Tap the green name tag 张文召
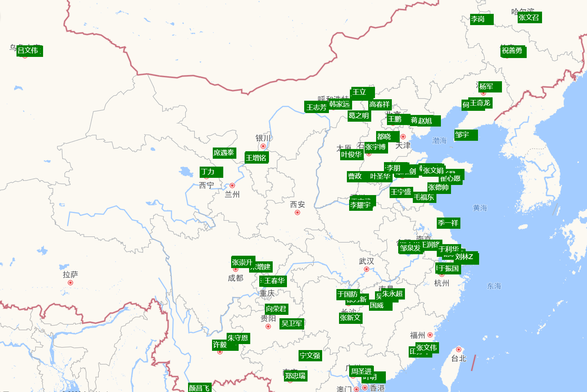(x=529, y=18)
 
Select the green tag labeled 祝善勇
(x=513, y=51)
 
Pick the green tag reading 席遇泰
(x=224, y=153)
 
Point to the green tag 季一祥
(x=448, y=223)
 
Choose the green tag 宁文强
(x=310, y=355)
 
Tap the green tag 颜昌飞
(x=199, y=388)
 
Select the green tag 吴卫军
(x=292, y=323)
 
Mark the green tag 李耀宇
(x=361, y=205)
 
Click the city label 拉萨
(x=70, y=274)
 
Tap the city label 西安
(x=297, y=204)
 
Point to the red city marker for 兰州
(x=232, y=185)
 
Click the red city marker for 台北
(x=459, y=349)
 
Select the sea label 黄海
(x=480, y=208)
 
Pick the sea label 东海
(x=494, y=286)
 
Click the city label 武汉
(x=366, y=261)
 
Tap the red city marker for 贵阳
(x=268, y=326)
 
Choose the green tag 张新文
(x=350, y=318)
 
